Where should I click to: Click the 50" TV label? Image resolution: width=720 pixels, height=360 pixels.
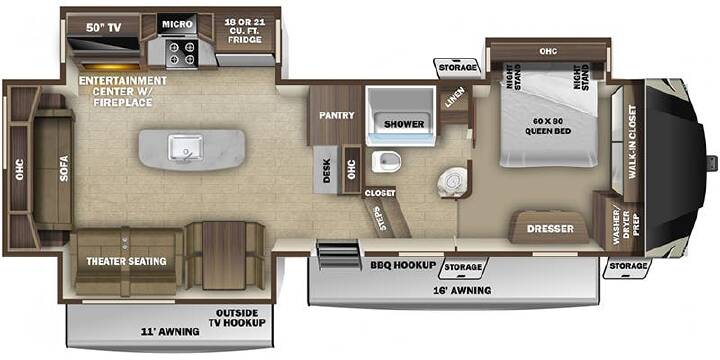pos(103,28)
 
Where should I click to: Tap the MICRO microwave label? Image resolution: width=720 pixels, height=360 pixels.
pos(177,24)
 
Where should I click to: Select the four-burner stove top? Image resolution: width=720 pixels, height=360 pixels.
pos(181,53)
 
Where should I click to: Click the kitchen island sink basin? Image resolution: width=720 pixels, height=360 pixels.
pos(185,148)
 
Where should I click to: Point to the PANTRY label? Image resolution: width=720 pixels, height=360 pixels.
pos(337,115)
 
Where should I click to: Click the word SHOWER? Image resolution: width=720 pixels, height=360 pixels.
pos(404,124)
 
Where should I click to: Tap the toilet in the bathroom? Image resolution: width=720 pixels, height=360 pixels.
pos(386,161)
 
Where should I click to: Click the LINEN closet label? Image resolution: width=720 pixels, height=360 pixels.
pos(455,98)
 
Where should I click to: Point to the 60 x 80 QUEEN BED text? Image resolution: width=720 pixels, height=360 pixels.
pos(549,125)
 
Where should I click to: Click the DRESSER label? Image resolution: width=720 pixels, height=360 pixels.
pos(550,228)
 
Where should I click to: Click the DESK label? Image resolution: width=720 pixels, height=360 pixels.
pos(326,171)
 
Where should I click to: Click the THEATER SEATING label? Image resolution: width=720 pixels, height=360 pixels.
pos(126,261)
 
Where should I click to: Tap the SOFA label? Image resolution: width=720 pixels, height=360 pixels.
pos(64,169)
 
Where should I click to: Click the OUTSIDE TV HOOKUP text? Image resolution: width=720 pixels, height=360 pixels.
pos(237,317)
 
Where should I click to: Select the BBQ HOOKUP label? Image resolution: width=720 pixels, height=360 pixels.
pos(403,265)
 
